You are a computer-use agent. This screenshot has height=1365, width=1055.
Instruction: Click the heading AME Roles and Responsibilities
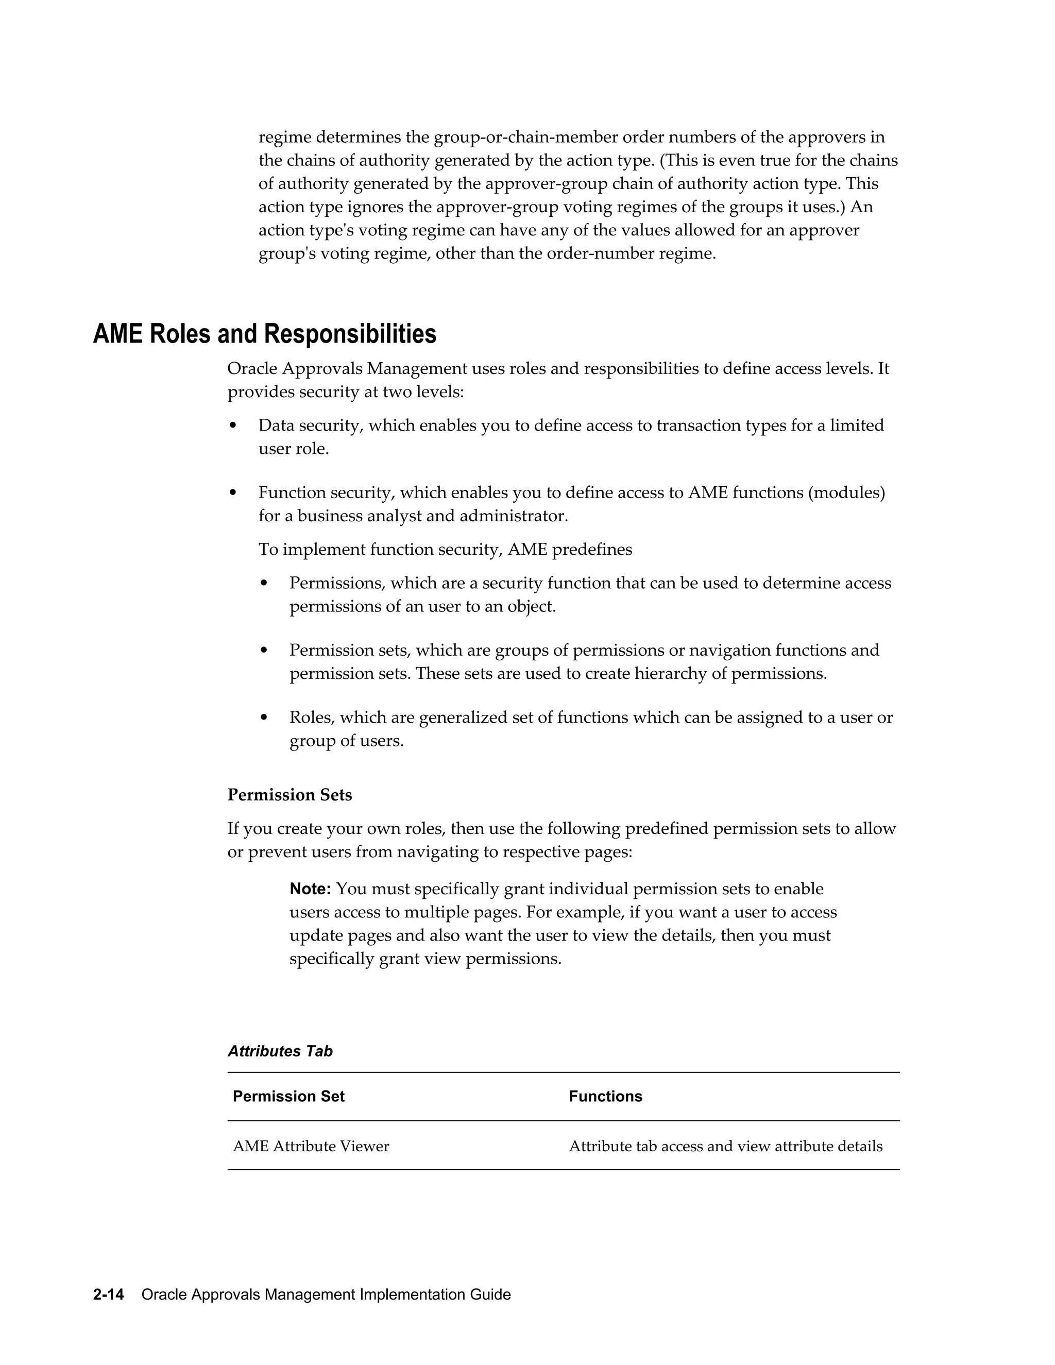[x=264, y=334]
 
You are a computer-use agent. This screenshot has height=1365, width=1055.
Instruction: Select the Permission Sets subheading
[x=290, y=795]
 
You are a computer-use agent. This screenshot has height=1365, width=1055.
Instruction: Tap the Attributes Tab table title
[x=280, y=1051]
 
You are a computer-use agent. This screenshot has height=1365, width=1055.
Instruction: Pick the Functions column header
[x=605, y=1096]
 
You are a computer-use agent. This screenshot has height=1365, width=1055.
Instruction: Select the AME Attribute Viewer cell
[x=311, y=1146]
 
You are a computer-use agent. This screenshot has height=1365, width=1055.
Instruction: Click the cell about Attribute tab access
[x=725, y=1146]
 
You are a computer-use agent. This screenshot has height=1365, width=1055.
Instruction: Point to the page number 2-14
[x=109, y=1294]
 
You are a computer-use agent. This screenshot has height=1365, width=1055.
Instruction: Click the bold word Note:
[x=310, y=889]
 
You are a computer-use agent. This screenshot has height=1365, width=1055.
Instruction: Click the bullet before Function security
[x=233, y=493]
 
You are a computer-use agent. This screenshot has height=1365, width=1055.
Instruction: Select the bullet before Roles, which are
[x=264, y=718]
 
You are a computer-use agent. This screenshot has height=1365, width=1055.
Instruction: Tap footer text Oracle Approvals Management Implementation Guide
[x=326, y=1294]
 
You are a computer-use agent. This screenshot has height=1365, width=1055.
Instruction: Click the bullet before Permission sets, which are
[x=264, y=651]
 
